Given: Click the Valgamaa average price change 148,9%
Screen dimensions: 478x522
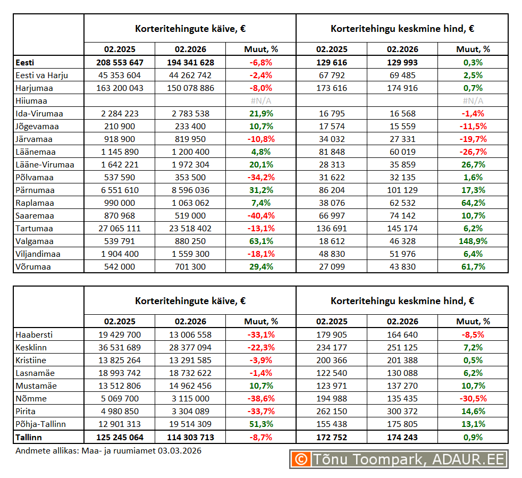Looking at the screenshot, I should (473, 241).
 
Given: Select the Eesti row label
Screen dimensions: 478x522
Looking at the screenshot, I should (26, 62).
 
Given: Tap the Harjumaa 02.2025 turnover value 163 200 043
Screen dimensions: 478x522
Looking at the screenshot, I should (120, 88).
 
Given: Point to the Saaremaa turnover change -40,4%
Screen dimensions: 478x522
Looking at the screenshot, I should (261, 215).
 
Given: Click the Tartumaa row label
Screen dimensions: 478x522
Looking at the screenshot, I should (35, 228).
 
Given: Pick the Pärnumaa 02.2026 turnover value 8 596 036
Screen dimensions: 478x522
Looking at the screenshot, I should (190, 190).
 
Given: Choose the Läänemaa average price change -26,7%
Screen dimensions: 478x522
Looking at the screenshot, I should (473, 152).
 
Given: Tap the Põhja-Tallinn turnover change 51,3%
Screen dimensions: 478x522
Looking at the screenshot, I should (261, 424).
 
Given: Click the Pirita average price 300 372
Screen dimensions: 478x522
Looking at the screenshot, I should (402, 411).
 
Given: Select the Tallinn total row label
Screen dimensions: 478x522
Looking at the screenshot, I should (29, 437).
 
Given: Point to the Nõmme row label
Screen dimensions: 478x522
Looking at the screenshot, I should (31, 398).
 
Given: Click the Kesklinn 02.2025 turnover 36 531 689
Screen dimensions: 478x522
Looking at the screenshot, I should (120, 347).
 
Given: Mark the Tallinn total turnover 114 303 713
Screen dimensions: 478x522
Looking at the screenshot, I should (190, 437).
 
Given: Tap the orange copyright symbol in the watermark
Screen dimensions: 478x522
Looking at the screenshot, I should (301, 459).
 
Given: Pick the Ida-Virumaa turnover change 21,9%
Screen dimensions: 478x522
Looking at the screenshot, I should (261, 113).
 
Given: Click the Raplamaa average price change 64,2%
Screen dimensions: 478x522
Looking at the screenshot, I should (473, 203).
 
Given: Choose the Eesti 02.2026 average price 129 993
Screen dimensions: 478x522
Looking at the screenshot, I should (402, 62).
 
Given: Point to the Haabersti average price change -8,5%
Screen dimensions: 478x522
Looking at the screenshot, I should (473, 334).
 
